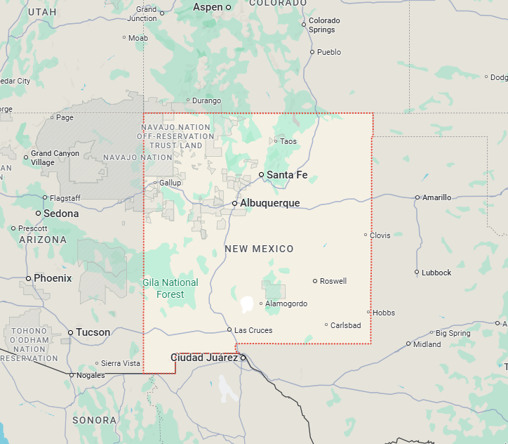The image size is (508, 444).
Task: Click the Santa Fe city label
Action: tap(287, 175)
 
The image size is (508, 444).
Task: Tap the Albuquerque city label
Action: tap(269, 203)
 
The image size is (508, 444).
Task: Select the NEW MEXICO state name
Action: tap(259, 249)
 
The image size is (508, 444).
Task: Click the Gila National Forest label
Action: tap(171, 288)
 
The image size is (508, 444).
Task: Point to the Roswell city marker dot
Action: tap(315, 281)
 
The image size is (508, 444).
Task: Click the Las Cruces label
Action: tap(253, 330)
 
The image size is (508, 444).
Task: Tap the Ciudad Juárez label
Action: tap(204, 358)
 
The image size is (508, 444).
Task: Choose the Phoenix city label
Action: tap(53, 278)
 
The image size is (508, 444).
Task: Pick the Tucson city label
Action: tap(93, 332)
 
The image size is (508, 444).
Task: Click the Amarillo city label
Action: tap(436, 197)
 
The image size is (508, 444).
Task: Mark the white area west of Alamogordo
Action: tap(247, 304)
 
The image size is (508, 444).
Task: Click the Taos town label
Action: tap(288, 141)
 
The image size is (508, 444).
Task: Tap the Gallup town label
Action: tap(170, 183)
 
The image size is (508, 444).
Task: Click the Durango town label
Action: tap(206, 100)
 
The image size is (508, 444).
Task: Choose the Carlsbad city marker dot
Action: tap(326, 325)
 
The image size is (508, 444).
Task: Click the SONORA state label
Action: tap(94, 420)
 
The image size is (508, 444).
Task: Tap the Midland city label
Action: tap(427, 344)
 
